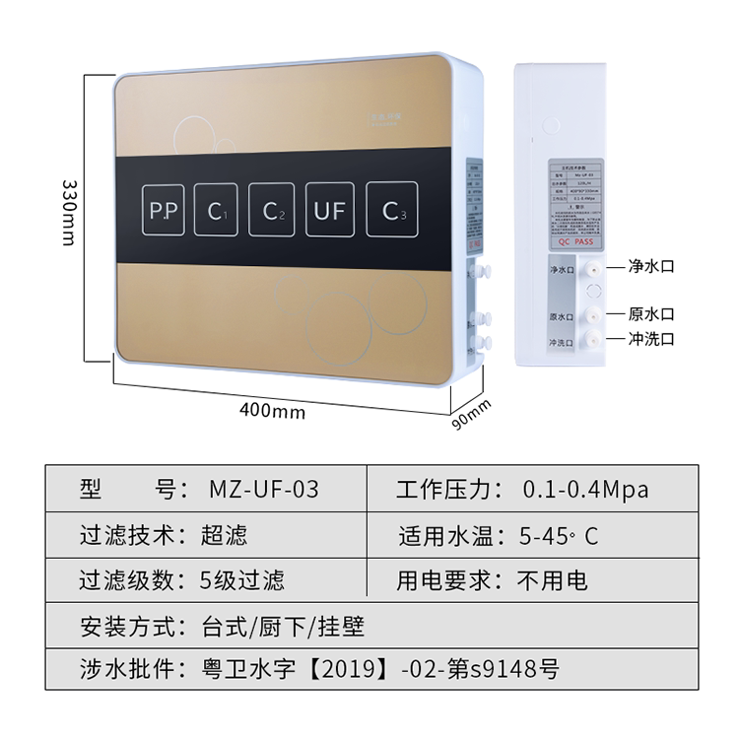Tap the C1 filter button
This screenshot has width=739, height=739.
(216, 209)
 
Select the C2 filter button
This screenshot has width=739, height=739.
(272, 209)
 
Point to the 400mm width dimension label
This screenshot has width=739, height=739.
(273, 410)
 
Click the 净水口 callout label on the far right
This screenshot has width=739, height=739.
(653, 266)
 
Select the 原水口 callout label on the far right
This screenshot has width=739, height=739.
(653, 314)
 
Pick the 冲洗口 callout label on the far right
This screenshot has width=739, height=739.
(653, 339)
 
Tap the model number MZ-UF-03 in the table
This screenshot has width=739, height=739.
(264, 489)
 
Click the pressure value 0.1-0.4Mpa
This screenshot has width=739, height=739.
(585, 489)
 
